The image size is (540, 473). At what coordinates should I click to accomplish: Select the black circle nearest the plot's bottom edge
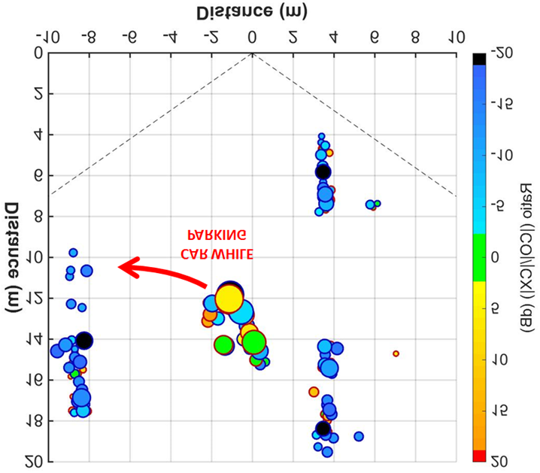pos(323,429)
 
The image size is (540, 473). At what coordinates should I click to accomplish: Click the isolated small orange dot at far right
pos(396,353)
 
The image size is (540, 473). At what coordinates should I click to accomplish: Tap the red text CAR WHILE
pos(216,253)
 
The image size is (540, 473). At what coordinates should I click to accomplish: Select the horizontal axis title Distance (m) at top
pos(253,12)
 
